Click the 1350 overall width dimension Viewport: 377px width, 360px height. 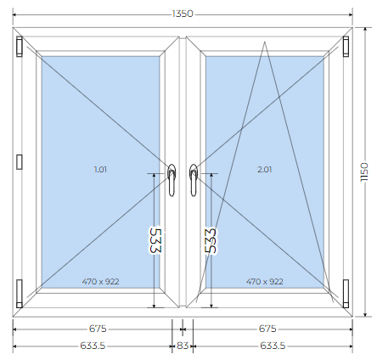[x=183, y=14]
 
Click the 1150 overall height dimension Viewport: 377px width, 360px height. [x=364, y=172]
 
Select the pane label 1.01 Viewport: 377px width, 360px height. [x=100, y=170]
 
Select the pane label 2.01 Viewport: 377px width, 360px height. [x=265, y=170]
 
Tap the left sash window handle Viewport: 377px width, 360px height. [x=172, y=180]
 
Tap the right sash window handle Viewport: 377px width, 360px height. [x=194, y=180]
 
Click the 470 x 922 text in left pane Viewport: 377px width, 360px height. [x=100, y=282]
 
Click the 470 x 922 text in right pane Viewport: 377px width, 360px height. [x=265, y=282]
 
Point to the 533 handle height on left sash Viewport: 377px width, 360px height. [x=155, y=240]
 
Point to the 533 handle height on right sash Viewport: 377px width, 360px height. [x=211, y=240]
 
